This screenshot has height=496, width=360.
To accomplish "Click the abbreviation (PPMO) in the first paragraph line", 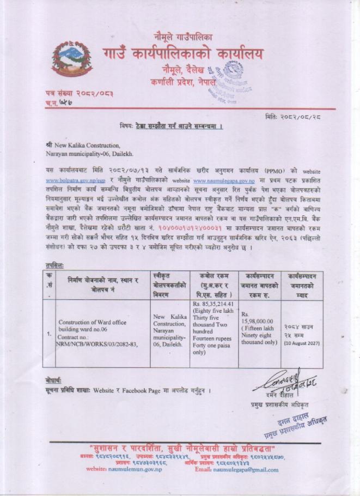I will pyautogui.click(x=280, y=170).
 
